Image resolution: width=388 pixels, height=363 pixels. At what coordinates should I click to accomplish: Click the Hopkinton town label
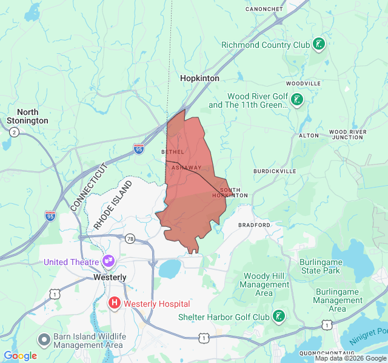pos(199,79)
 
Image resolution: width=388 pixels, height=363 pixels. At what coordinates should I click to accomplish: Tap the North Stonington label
pos(28,116)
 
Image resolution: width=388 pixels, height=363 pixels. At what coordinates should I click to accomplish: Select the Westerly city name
pos(110,277)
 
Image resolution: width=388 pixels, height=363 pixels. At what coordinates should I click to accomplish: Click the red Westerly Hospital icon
pos(114,303)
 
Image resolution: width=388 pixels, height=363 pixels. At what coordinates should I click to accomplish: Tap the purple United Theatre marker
pos(109,261)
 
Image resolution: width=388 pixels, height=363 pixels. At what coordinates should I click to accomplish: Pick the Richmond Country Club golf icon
pos(319,44)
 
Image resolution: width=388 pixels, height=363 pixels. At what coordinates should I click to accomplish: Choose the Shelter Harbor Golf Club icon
pos(279,316)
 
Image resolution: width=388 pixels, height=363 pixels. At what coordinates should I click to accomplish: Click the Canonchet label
pos(264,9)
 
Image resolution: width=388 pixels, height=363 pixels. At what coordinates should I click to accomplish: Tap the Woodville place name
pos(303,83)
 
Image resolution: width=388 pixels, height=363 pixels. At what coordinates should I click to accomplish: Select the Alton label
pos(309,136)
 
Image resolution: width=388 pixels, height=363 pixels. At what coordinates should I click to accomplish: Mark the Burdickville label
pos(275,171)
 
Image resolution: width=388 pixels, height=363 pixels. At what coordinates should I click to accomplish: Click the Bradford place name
pos(254,224)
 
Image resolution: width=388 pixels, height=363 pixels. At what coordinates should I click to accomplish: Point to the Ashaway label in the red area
pos(186,168)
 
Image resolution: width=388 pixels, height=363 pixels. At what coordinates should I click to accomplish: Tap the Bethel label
pos(172,151)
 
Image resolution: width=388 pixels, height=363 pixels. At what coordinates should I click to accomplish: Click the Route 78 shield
pos(130,239)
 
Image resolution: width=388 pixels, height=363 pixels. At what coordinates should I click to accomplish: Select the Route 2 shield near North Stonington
pos(13,132)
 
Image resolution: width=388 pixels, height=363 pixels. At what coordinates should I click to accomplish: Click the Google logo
pos(21,356)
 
